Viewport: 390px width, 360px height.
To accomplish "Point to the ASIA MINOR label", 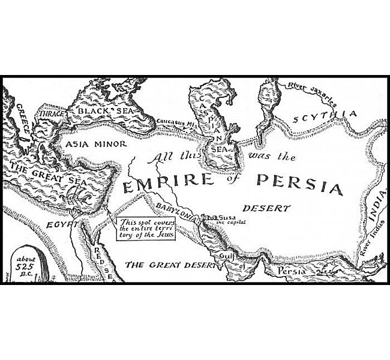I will pos(96,144).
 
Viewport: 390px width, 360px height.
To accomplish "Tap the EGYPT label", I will pos(62,224).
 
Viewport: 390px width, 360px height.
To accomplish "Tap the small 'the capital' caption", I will pos(231,222).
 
